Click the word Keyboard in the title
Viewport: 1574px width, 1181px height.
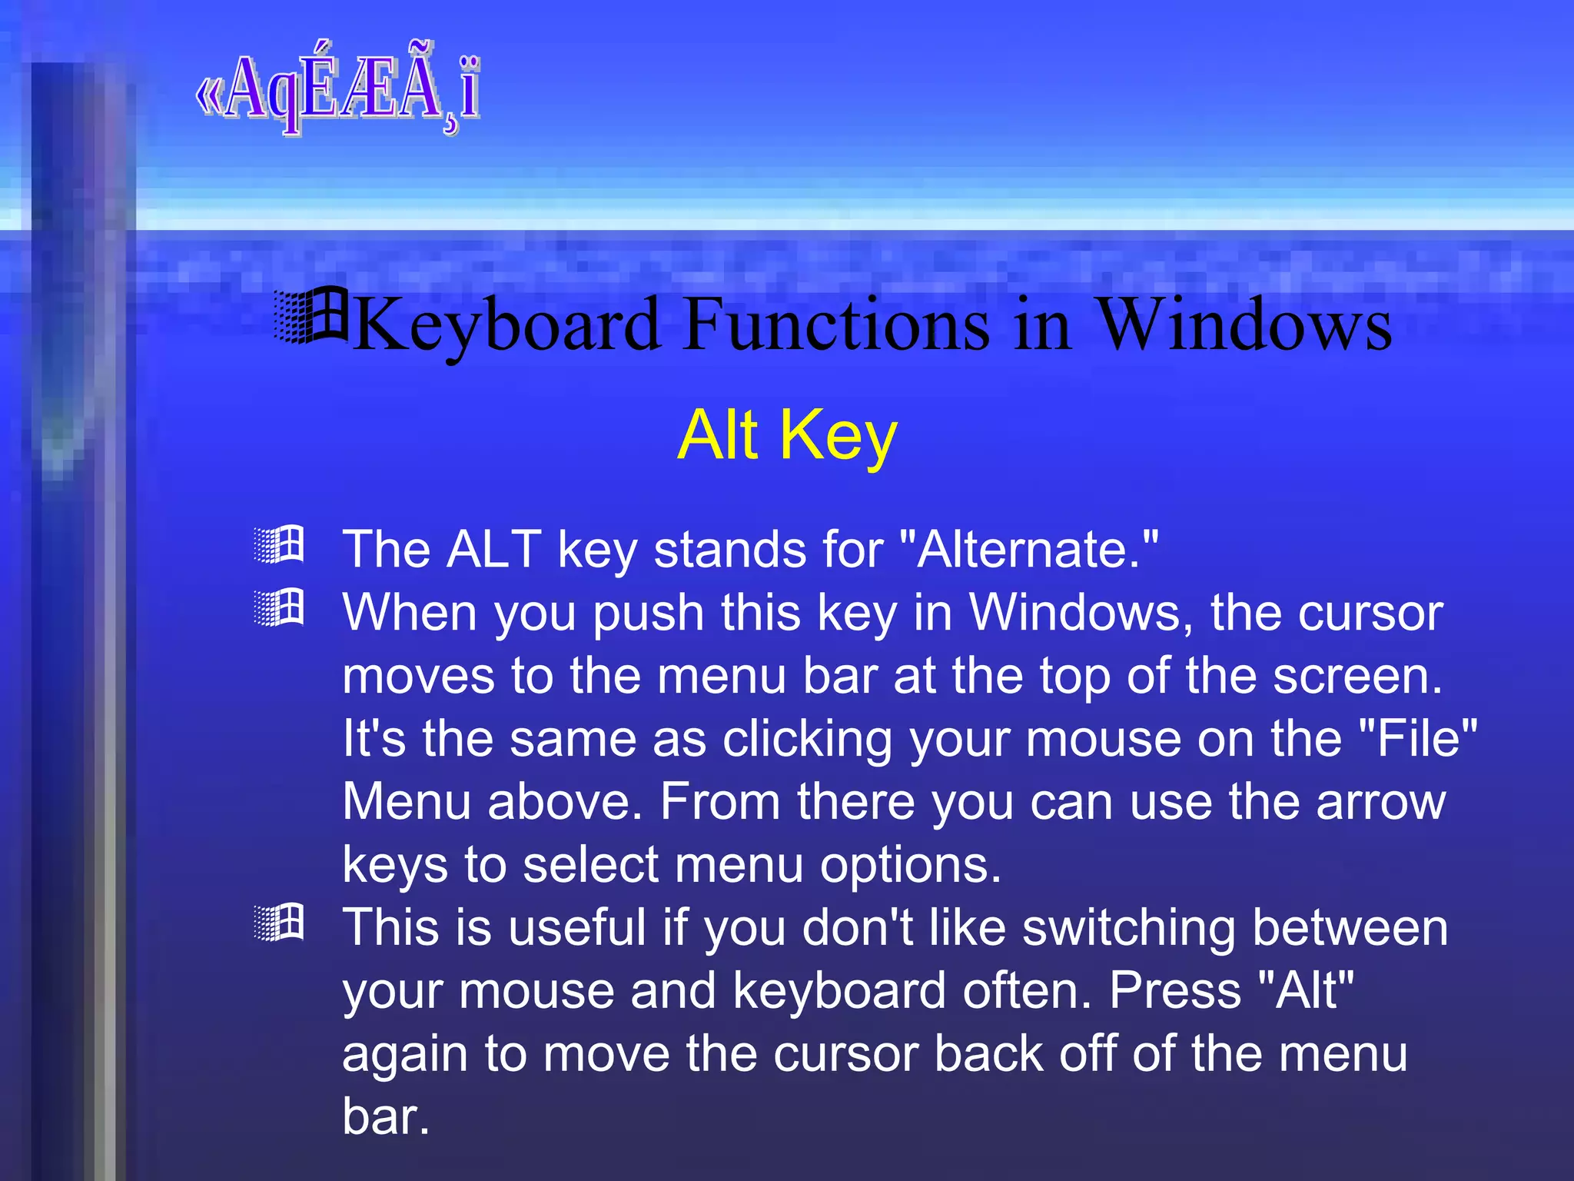(507, 326)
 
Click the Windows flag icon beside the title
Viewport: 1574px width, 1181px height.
(311, 315)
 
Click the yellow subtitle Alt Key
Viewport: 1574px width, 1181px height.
(787, 435)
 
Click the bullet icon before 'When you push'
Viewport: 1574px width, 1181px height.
(280, 607)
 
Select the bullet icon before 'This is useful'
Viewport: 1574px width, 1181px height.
(280, 922)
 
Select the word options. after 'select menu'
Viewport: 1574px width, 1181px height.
(910, 865)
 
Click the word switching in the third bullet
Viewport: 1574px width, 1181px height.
(1129, 927)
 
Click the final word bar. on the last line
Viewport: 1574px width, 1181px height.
(385, 1116)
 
